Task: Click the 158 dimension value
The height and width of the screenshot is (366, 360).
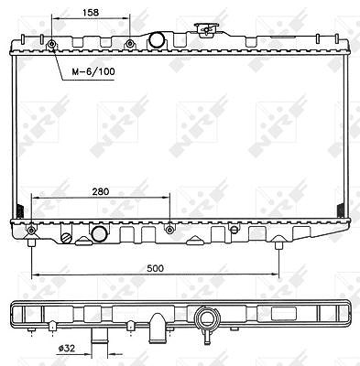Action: tap(91, 12)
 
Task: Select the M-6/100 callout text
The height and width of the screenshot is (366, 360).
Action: tap(93, 71)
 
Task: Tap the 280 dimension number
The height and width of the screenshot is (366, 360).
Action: tap(101, 191)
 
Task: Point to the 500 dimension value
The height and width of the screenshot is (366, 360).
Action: tap(156, 268)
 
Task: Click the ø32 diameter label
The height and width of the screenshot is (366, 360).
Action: tap(67, 348)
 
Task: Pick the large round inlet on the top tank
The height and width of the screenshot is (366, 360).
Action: tap(157, 40)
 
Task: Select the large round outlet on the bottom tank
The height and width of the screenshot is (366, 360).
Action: tap(99, 234)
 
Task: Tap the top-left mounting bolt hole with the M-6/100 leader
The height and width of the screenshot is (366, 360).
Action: tap(51, 45)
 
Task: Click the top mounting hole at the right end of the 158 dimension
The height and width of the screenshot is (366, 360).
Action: tap(130, 44)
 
